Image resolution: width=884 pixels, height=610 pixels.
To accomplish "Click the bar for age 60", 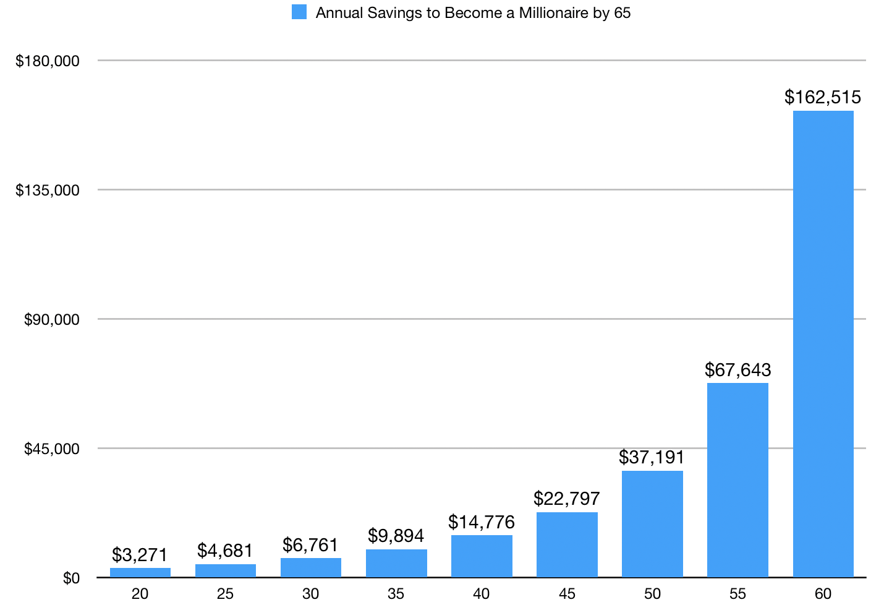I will click(823, 344).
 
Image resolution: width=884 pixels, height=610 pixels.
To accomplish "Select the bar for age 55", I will click(737, 480).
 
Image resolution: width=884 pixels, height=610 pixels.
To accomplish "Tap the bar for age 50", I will click(652, 524).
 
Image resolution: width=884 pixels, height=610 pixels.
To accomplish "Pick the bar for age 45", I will click(567, 544).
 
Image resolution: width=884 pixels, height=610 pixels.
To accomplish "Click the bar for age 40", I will click(482, 556).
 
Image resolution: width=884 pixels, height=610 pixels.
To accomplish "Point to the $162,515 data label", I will click(823, 97).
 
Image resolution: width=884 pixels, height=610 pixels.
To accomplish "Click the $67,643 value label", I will click(737, 370).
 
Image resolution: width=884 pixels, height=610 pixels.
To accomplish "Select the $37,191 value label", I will click(652, 457).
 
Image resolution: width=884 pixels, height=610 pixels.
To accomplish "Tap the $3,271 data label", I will click(140, 554).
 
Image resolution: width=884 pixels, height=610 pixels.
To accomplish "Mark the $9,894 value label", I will click(396, 535).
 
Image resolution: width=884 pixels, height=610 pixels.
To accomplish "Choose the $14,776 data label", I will click(482, 522).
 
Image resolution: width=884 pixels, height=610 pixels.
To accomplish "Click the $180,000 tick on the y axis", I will click(48, 61).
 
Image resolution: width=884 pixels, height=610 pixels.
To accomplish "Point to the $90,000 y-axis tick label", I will click(52, 319).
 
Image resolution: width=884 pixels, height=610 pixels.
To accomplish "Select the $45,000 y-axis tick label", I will click(52, 449).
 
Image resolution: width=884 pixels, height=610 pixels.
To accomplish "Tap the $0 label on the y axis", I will click(71, 578).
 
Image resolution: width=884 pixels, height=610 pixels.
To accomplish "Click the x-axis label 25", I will click(225, 594).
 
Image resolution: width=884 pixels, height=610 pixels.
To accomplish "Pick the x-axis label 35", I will click(396, 594).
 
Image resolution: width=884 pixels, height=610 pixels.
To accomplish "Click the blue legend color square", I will click(299, 12).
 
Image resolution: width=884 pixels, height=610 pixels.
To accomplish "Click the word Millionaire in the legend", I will click(553, 13).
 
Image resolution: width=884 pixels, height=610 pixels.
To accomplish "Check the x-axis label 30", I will click(310, 594).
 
